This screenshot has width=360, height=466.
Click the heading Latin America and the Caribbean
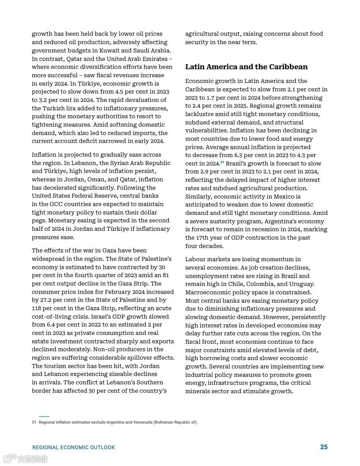(x=246, y=67)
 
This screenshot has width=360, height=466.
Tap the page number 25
(x=324, y=447)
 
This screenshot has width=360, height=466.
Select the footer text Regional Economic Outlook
(x=73, y=447)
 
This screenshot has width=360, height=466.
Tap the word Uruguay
(x=302, y=284)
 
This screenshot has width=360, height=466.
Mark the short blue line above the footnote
(x=44, y=416)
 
